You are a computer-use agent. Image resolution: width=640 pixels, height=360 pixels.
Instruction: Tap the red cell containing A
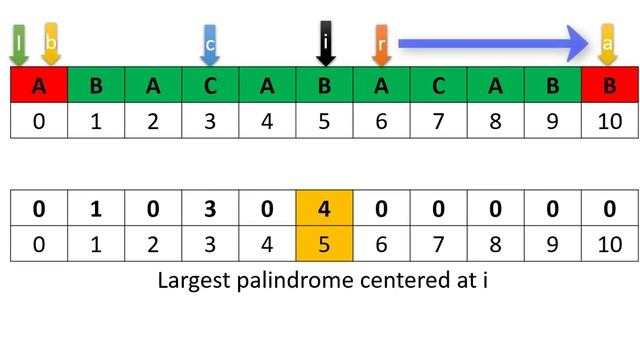point(39,85)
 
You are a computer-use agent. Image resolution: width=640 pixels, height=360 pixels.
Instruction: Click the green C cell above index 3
point(210,85)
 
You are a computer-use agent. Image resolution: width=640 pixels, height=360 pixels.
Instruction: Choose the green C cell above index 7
point(438,85)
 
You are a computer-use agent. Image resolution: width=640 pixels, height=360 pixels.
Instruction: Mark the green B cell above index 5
point(324,85)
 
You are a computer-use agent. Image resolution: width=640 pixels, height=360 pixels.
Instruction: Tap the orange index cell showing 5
point(324,245)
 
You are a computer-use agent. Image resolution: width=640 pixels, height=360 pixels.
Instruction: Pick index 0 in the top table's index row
point(39,120)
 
